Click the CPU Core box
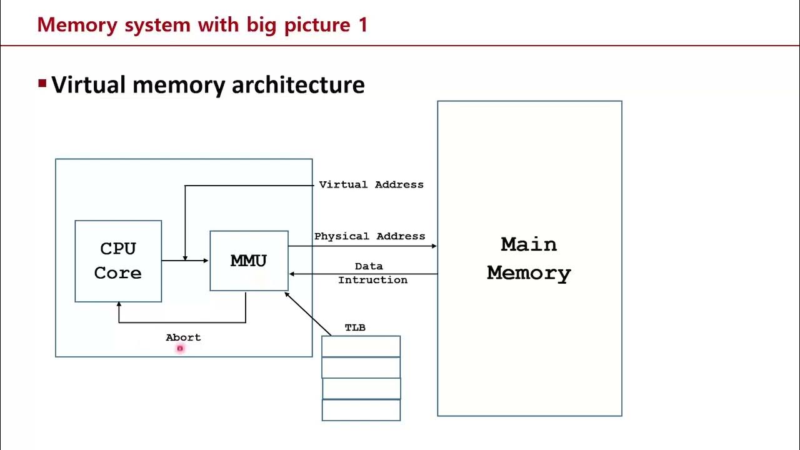118,261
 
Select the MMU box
249,261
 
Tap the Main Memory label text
529,259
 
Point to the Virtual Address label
371,185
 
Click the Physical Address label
369,237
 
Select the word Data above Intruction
369,267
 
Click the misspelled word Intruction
372,281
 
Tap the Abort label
183,337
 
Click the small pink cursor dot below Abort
180,349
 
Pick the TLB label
355,328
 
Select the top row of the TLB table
361,346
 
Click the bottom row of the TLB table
361,410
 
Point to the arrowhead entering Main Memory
434,246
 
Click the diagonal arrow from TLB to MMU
307,314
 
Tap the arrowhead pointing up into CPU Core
119,305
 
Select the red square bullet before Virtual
42,83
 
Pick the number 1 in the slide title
363,25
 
